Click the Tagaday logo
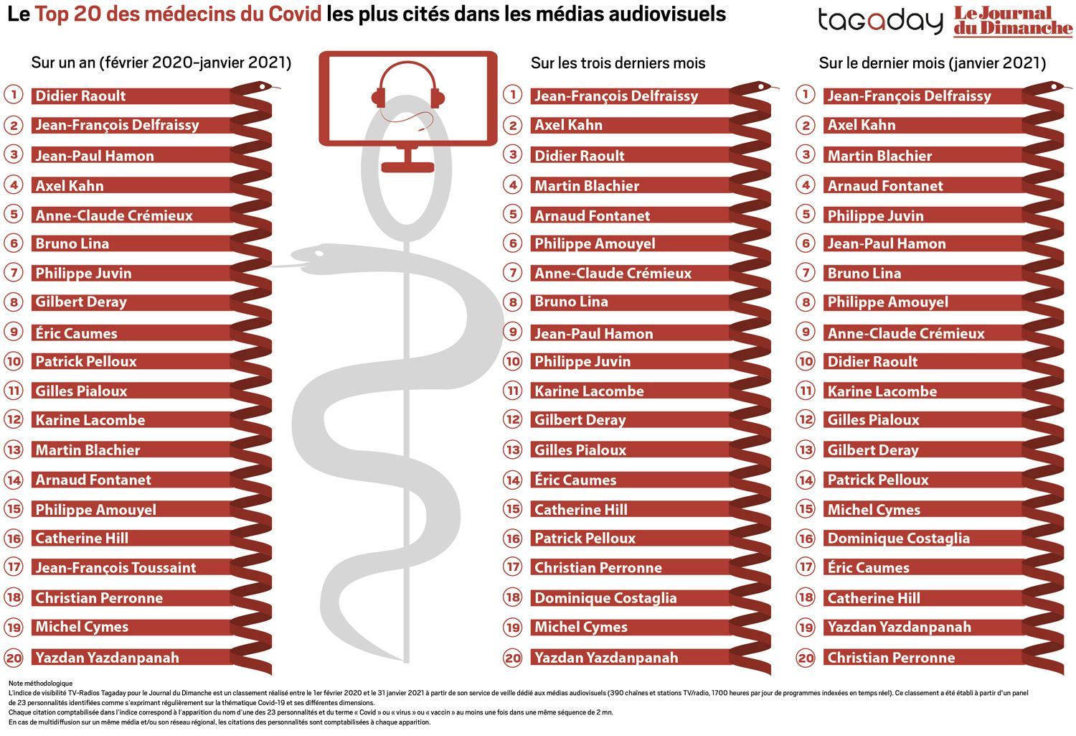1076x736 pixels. (880, 21)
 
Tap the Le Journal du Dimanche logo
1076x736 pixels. (1012, 21)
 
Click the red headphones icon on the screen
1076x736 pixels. (408, 91)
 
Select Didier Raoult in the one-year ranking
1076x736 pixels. (80, 96)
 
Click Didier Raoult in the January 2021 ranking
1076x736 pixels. (872, 362)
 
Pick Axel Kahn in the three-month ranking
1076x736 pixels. (568, 126)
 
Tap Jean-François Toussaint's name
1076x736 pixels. (115, 568)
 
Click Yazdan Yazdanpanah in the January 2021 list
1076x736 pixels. (899, 628)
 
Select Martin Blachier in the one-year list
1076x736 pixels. (88, 451)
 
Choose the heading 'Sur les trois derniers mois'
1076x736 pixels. (618, 63)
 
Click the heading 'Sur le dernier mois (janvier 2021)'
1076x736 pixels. (932, 63)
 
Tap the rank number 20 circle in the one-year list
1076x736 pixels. (14, 657)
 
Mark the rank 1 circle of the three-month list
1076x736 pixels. (512, 94)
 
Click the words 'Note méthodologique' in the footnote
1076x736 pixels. (41, 683)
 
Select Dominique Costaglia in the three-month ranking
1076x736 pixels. (605, 598)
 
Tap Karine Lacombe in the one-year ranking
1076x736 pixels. (90, 421)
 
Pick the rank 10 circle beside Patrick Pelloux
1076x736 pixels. (14, 361)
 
